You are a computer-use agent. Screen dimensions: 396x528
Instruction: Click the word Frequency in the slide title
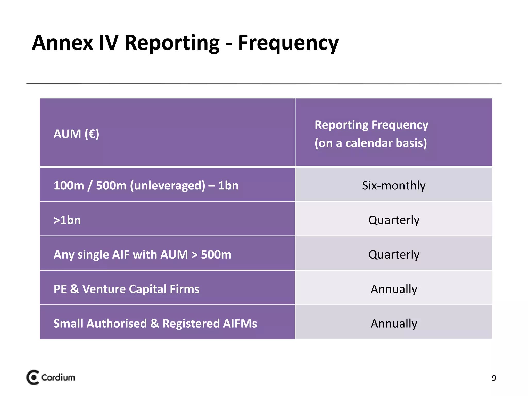[288, 43]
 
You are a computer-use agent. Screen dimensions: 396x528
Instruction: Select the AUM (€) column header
[76, 134]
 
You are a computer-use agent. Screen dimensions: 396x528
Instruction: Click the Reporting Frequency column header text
[371, 125]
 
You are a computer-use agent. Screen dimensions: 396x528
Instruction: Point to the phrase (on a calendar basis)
[371, 143]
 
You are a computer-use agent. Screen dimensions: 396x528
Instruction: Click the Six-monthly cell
[394, 186]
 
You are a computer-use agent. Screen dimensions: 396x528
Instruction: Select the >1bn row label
[67, 220]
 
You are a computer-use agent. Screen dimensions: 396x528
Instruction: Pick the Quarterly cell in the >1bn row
[394, 220]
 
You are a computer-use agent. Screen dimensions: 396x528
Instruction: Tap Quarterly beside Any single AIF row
[394, 255]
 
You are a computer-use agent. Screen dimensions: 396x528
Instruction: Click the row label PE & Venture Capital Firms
[126, 289]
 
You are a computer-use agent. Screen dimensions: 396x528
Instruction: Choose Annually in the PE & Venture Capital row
[394, 289]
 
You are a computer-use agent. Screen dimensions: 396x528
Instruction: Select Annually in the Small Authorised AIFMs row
[394, 324]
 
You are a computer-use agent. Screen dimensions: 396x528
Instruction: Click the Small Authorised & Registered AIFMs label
[155, 324]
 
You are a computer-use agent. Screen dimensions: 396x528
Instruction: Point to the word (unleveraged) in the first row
[168, 186]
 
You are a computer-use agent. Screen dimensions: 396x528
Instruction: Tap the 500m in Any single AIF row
[216, 255]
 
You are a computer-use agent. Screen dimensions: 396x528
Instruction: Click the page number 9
[494, 378]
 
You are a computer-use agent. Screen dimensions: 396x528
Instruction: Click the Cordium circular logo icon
[33, 378]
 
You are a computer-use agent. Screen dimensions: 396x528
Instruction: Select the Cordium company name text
[58, 378]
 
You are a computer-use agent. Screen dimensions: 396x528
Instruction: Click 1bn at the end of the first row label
[228, 186]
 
